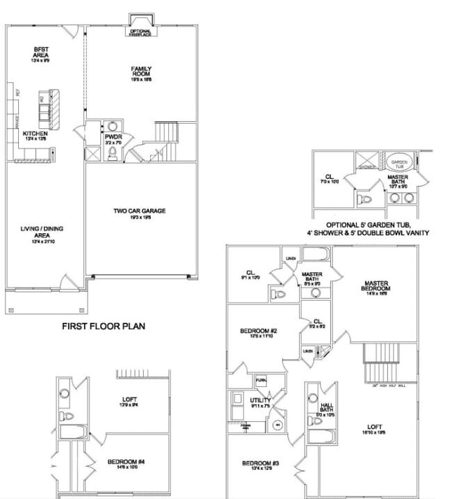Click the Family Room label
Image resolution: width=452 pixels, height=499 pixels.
(x=141, y=72)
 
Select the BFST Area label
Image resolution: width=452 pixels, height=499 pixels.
(x=39, y=53)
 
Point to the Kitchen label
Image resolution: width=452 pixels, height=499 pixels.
(x=35, y=135)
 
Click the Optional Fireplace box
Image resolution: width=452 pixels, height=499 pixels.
(x=140, y=31)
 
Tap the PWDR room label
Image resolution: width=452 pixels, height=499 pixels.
(x=113, y=138)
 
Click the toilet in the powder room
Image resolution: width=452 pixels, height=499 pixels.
(x=112, y=154)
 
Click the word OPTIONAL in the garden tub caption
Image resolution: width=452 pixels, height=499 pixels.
(x=346, y=225)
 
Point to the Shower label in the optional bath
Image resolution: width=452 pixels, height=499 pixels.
(x=366, y=167)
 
